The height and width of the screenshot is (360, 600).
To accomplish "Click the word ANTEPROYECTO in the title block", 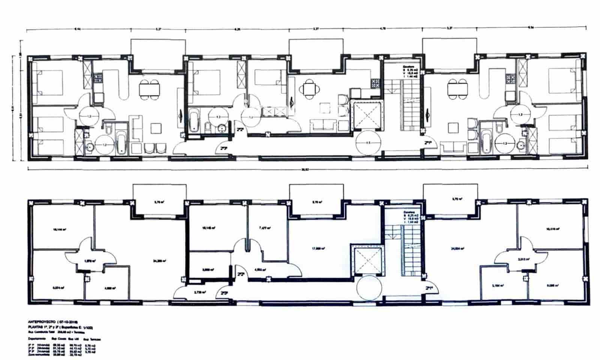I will pos(42,322).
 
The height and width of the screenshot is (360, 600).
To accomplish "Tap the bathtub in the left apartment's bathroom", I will pos(121,142).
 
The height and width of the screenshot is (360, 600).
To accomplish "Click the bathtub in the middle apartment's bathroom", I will pos(194,120).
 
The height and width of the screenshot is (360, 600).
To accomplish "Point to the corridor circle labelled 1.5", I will pos(368,142).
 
